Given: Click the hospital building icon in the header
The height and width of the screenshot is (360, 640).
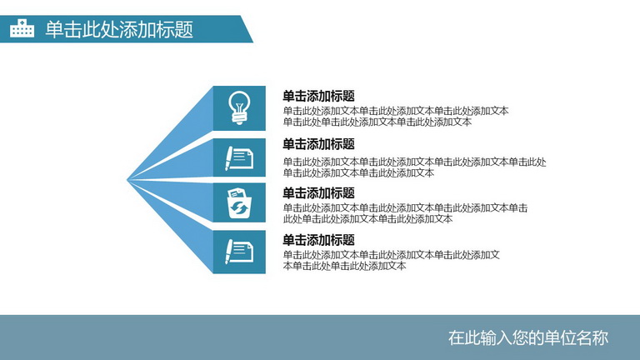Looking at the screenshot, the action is (x=22, y=28).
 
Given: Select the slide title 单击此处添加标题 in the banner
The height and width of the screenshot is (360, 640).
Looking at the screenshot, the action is (x=119, y=29).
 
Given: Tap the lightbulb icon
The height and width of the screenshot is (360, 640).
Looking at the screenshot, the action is (x=239, y=107).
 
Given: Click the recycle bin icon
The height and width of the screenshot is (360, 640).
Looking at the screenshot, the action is (x=239, y=202).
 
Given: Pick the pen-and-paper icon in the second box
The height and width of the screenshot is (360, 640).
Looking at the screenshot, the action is (x=239, y=158).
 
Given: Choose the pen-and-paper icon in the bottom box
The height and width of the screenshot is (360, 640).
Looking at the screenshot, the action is (x=239, y=252).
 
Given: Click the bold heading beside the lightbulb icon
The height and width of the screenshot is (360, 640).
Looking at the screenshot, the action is (x=318, y=97).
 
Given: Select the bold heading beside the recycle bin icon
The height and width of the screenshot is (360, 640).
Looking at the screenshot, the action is (x=318, y=193).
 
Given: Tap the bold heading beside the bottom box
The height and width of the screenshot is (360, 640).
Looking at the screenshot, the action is (x=318, y=240).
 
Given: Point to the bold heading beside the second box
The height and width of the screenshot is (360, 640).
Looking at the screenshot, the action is (x=318, y=144).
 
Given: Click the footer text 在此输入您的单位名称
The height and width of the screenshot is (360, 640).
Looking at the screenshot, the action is (x=528, y=338).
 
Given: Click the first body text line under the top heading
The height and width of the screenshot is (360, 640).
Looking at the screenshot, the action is (x=396, y=111).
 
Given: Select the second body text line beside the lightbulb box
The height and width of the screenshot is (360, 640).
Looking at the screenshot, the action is (x=377, y=122).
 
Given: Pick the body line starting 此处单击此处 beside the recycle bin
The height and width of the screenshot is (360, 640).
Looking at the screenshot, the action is (x=367, y=219).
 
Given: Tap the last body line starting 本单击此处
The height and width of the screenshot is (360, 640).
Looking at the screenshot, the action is (x=344, y=266).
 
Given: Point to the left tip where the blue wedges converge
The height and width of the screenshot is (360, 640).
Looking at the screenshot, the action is (x=127, y=180).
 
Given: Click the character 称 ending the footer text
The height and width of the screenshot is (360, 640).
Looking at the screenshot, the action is (x=600, y=338).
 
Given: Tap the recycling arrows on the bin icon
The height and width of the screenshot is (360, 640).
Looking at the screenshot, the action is (x=239, y=208).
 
